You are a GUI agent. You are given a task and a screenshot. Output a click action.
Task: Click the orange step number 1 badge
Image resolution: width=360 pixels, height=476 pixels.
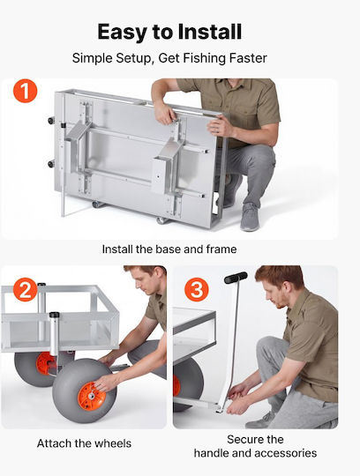pyautogui.click(x=26, y=91)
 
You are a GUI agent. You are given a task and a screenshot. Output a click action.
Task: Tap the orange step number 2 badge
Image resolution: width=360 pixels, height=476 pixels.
pyautogui.click(x=26, y=289)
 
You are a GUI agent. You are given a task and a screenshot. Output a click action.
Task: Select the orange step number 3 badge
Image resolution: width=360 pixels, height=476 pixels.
pyautogui.click(x=197, y=289)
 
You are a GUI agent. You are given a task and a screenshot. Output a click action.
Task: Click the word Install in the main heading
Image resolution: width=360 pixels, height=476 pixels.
pyautogui.click(x=210, y=32)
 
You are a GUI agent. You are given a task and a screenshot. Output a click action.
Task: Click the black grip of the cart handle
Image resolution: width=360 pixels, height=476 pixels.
pyautogui.click(x=236, y=278)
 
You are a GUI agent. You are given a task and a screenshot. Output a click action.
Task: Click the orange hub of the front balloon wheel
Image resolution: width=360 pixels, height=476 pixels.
pyautogui.click(x=92, y=396)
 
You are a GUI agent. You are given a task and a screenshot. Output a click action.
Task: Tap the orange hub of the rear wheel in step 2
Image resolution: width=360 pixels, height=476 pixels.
pyautogui.click(x=46, y=363)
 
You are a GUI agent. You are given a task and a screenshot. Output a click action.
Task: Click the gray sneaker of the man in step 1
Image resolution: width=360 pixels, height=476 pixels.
pyautogui.click(x=250, y=217)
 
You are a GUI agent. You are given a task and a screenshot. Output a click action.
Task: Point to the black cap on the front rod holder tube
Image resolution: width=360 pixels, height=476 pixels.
pyautogui.click(x=54, y=315)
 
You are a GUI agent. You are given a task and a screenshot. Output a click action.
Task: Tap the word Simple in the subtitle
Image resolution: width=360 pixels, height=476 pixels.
pyautogui.click(x=92, y=58)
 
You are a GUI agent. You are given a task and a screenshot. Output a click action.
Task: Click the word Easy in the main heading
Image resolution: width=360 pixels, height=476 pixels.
pyautogui.click(x=122, y=33)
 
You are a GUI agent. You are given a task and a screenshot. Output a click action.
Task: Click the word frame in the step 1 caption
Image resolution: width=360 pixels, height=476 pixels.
pyautogui.click(x=221, y=249)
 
